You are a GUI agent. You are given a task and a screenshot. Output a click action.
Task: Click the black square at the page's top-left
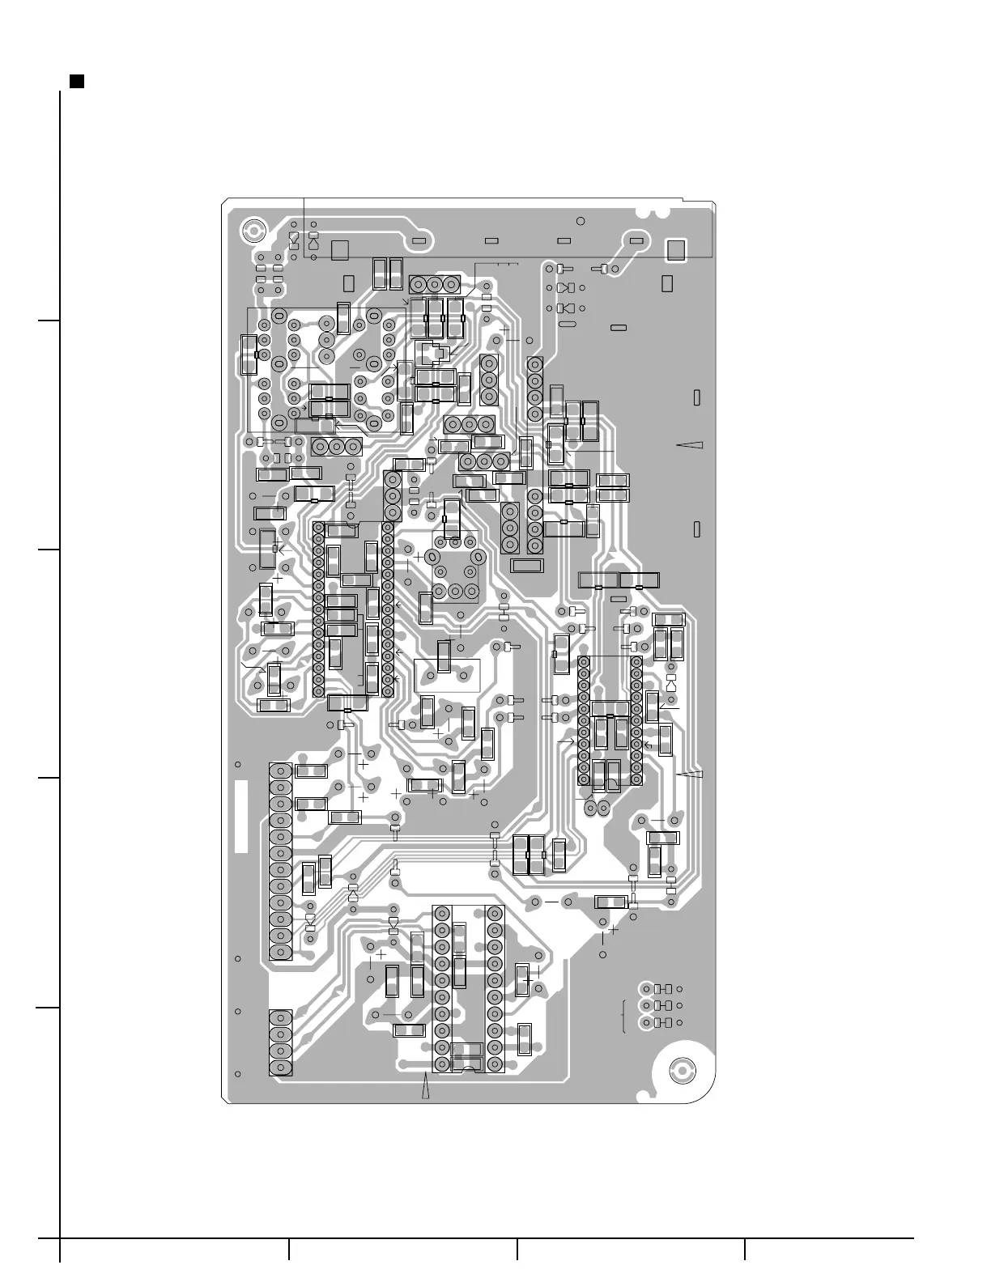coord(77,81)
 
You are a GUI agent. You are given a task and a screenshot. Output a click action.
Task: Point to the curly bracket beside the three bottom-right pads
coord(624,1017)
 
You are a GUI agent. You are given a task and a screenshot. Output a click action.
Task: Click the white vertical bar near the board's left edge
coord(240,816)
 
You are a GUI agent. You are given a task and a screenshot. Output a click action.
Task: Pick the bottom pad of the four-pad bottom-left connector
coord(281,1068)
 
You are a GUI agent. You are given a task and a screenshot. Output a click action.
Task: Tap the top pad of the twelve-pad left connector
coord(281,770)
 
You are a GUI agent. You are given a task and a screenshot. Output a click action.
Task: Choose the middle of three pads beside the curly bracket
coord(646,1005)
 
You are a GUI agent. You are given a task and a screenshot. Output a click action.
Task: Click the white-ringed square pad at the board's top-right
coord(674,251)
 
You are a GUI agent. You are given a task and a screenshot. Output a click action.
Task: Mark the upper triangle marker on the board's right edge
coord(691,445)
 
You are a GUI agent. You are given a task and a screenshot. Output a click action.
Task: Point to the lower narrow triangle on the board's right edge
coord(691,775)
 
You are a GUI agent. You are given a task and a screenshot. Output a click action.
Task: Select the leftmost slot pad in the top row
coord(419,241)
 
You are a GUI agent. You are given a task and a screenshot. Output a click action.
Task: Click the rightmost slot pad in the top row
coord(636,241)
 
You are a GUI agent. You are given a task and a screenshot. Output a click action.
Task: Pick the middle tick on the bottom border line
coord(517,1249)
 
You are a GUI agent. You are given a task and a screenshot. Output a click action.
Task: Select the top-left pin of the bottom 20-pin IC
coord(442,913)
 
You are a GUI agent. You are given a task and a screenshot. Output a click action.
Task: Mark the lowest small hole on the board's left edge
coord(238,1074)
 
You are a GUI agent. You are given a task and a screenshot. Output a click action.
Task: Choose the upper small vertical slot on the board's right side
coord(697,398)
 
